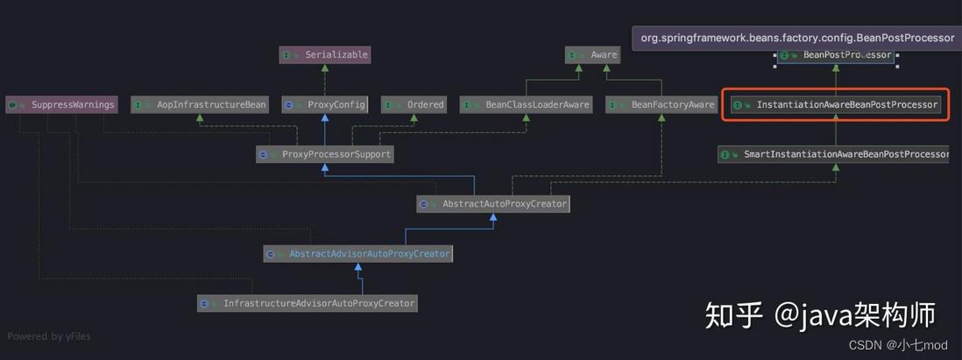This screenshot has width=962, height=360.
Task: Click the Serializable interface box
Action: (324, 55)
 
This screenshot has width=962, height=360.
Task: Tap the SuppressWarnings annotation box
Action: (60, 104)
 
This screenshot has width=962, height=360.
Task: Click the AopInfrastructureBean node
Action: (200, 104)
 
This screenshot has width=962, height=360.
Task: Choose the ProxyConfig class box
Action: (324, 104)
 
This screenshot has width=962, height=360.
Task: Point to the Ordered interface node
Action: (414, 104)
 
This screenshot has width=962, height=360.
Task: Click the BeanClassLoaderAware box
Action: (526, 104)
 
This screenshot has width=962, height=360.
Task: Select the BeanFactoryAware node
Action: (661, 104)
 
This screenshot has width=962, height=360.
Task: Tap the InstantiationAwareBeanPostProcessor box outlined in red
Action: (835, 105)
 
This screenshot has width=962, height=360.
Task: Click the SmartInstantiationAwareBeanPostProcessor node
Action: (834, 154)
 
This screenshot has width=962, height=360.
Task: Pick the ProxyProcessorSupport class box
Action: (324, 154)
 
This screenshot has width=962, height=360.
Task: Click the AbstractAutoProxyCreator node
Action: (493, 204)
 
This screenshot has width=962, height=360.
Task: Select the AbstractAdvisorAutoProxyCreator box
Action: (357, 254)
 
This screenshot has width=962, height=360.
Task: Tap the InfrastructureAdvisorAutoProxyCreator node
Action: (308, 303)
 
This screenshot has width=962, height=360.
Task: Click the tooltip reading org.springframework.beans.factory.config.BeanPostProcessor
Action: (797, 38)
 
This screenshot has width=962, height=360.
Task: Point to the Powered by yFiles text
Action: (49, 336)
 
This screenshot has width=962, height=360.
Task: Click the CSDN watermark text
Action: (898, 345)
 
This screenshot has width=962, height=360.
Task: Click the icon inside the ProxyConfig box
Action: (288, 105)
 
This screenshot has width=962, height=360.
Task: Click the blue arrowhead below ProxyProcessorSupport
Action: (324, 168)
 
